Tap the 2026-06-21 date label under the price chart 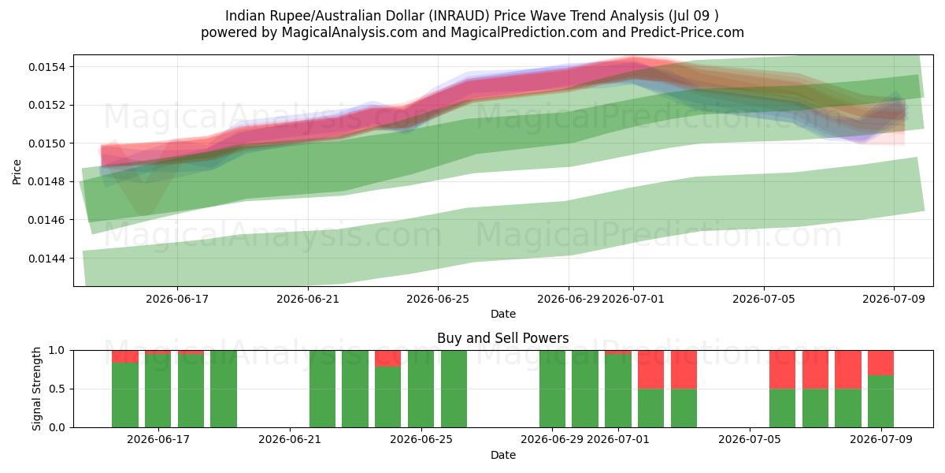(308, 299)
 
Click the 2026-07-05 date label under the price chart (764, 299)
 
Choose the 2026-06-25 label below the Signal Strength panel (421, 439)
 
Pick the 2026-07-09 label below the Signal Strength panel (881, 439)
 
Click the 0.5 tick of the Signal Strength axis (57, 389)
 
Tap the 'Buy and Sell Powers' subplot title (503, 338)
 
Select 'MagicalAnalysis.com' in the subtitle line (350, 32)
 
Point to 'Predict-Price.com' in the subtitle (687, 32)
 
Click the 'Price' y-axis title (17, 172)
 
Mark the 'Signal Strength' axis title (37, 389)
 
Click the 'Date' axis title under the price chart (503, 314)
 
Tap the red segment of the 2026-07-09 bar (881, 363)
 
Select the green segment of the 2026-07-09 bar (881, 401)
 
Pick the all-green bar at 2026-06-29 (552, 389)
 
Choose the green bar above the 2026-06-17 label (157, 391)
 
